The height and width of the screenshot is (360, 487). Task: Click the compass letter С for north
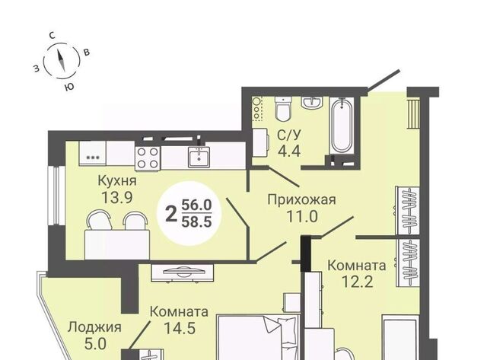[x=53, y=36]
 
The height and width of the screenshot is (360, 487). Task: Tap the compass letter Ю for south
[x=70, y=87]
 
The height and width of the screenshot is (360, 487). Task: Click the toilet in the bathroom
[x=283, y=109]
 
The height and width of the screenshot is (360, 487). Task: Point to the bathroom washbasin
[x=312, y=103]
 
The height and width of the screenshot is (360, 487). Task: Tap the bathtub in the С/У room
[x=342, y=125]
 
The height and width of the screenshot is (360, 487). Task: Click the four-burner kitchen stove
[x=148, y=158]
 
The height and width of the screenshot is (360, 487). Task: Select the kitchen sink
[x=199, y=157]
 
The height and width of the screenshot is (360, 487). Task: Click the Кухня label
[x=117, y=180]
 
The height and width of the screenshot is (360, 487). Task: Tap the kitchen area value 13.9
[x=117, y=197]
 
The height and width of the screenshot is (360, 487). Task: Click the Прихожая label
[x=302, y=199]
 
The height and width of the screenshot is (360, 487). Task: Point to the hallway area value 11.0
[x=302, y=216]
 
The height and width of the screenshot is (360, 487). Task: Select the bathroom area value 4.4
[x=289, y=151]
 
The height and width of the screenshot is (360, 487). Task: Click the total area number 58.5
[x=196, y=222]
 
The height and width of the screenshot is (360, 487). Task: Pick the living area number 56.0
[x=196, y=205]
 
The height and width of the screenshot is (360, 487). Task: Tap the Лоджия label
[x=94, y=327]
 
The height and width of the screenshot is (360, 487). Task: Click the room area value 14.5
[x=180, y=328]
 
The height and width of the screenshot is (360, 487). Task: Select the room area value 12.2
[x=357, y=282]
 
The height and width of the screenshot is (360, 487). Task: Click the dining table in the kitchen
[x=117, y=244]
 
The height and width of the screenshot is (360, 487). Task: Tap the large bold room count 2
[x=171, y=214]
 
